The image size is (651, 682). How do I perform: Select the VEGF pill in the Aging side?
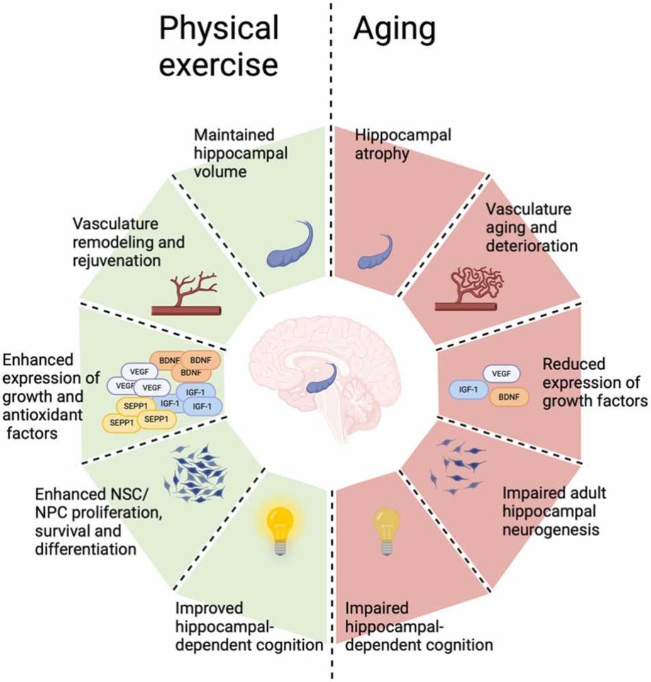click(x=501, y=373)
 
